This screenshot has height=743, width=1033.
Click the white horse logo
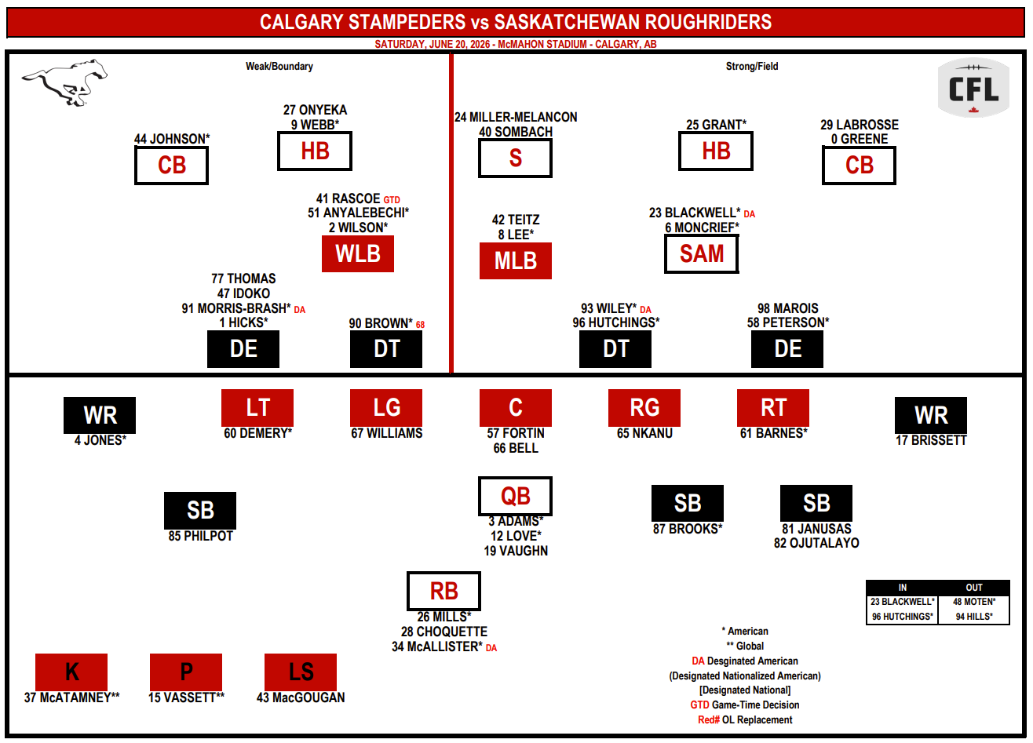click(64, 82)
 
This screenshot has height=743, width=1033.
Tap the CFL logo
click(973, 88)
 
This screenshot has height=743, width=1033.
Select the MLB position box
click(516, 261)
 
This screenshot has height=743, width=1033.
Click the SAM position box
click(702, 254)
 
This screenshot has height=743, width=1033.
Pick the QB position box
click(516, 496)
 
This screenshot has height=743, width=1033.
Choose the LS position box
click(301, 672)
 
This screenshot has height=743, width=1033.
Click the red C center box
click(516, 408)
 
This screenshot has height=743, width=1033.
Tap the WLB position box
click(358, 254)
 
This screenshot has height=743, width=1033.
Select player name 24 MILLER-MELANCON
click(516, 117)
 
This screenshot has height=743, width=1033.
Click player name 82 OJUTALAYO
click(816, 543)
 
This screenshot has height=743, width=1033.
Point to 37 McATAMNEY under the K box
click(72, 697)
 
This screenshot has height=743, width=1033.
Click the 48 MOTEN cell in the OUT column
click(974, 602)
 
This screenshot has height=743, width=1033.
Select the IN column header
click(903, 588)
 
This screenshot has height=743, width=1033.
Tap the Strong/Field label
click(752, 67)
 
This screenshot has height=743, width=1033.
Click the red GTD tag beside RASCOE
click(392, 200)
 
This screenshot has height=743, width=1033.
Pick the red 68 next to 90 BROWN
click(420, 325)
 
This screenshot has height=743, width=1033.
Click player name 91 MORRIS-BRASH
click(236, 308)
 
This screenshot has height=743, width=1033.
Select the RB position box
click(443, 592)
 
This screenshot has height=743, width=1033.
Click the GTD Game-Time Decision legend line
click(745, 705)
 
